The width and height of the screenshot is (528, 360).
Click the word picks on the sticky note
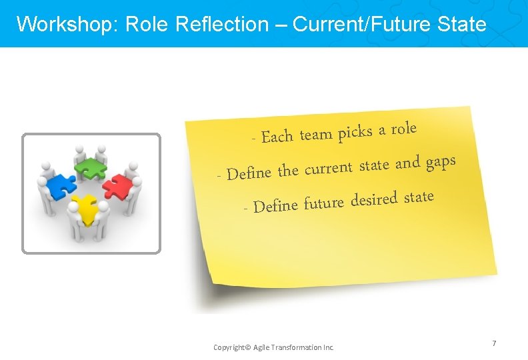click(x=355, y=132)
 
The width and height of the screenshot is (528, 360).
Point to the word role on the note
click(x=403, y=128)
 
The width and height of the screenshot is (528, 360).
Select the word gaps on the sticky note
click(x=441, y=162)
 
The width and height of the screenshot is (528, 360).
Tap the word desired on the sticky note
click(x=374, y=199)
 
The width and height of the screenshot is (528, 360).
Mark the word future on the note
click(x=323, y=202)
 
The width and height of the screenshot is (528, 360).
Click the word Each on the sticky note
click(x=277, y=137)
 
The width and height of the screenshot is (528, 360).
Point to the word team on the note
click(x=315, y=135)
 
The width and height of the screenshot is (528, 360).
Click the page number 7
click(x=494, y=343)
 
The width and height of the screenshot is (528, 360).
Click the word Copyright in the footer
click(x=229, y=347)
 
